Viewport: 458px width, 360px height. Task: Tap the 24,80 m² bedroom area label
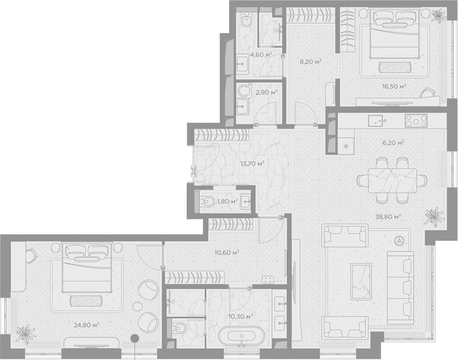pyautogui.click(x=86, y=324)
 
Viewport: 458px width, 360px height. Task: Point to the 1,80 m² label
pyautogui.click(x=227, y=201)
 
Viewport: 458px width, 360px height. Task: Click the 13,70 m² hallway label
pyautogui.click(x=253, y=163)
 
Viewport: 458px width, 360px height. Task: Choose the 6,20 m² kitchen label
pyautogui.click(x=393, y=143)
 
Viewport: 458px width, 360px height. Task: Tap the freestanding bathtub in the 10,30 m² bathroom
pyautogui.click(x=242, y=335)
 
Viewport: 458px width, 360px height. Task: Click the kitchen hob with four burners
pyautogui.click(x=416, y=120)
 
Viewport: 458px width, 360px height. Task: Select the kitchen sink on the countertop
pyautogui.click(x=377, y=120)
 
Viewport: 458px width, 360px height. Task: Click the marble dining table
pyautogui.click(x=392, y=180)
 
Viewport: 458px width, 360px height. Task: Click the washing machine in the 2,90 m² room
pyautogui.click(x=244, y=91)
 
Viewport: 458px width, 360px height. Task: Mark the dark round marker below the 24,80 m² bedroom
pyautogui.click(x=134, y=339)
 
